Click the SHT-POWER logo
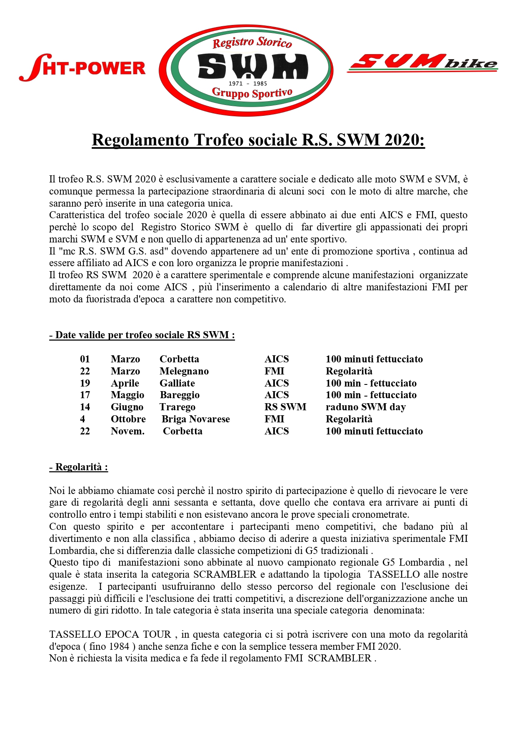click(82, 68)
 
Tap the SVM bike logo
click(422, 63)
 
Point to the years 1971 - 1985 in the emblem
click(248, 83)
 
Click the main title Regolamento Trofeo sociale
click(258, 140)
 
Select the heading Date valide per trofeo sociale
click(142, 335)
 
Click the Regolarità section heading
click(79, 467)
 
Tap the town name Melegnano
click(184, 371)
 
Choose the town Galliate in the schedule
click(177, 383)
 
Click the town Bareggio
click(180, 395)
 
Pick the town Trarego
click(177, 407)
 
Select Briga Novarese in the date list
click(196, 419)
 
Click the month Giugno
click(127, 407)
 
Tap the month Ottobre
click(128, 419)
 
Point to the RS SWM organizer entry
click(285, 407)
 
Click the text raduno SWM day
click(365, 407)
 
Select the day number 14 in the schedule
click(85, 407)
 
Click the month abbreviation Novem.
click(127, 431)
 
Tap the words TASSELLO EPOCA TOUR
click(110, 634)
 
